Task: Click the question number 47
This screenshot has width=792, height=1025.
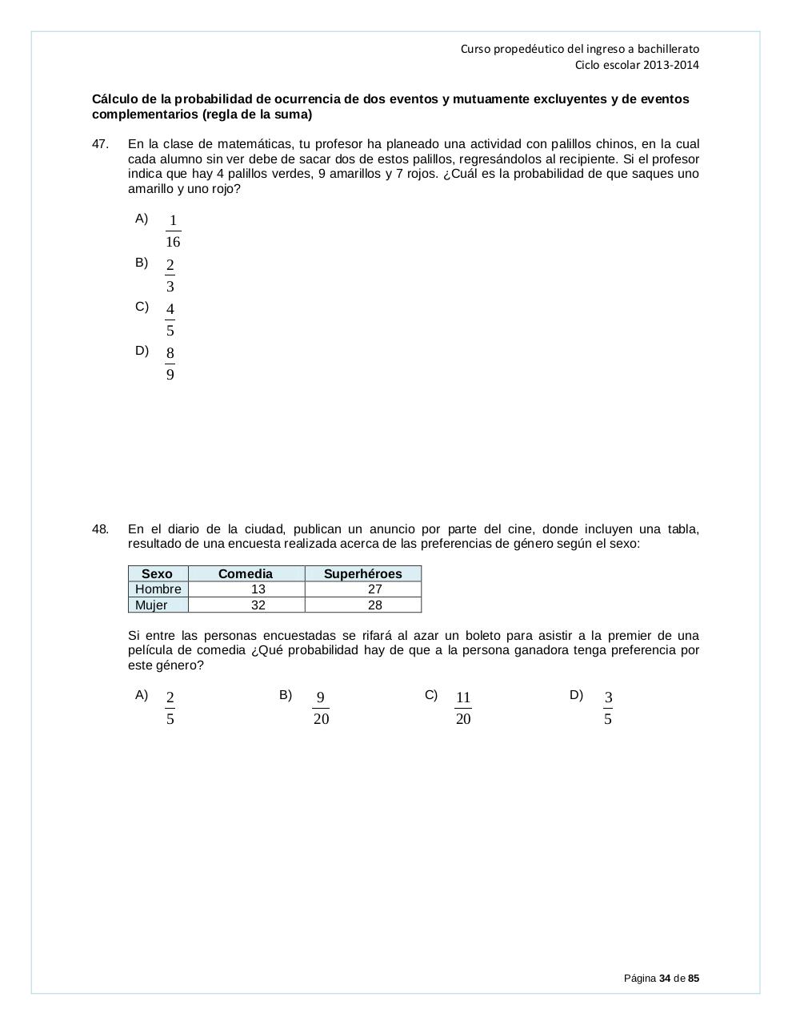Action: pos(100,144)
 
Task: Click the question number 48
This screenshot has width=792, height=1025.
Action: pos(100,529)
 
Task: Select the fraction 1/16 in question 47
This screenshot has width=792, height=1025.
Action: pos(173,231)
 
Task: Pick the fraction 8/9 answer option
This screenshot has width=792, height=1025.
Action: pos(170,364)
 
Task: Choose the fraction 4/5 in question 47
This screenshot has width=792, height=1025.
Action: pos(170,320)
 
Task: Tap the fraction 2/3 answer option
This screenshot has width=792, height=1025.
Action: pos(170,275)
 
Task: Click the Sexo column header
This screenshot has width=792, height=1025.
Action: pos(157,573)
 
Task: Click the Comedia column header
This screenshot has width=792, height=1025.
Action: pos(246,573)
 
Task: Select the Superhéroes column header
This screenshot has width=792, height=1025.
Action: pos(362,573)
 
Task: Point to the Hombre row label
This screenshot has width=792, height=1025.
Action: pos(158,589)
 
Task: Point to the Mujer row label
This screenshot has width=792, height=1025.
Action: pos(151,605)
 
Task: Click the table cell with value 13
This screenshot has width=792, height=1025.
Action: pos(258,589)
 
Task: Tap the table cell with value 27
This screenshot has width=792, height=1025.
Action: pos(374,589)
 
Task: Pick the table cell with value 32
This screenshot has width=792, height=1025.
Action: pos(258,605)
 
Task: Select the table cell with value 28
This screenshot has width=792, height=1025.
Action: pos(374,605)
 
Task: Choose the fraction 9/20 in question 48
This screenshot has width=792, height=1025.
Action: pos(321,708)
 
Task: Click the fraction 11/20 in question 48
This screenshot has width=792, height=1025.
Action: pos(463,708)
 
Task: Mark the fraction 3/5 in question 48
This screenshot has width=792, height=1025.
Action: pos(608,708)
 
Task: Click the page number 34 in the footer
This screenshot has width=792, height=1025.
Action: pos(665,979)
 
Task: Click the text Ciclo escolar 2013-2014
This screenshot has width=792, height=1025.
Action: pos(637,65)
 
